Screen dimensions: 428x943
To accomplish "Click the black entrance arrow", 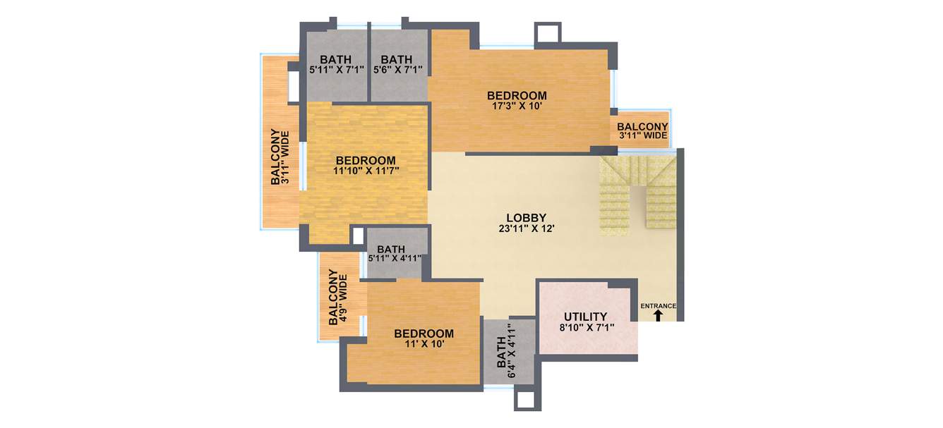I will tap(658, 317).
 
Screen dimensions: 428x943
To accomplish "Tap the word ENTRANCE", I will tap(658, 306).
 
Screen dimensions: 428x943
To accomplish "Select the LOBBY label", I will tap(527, 217).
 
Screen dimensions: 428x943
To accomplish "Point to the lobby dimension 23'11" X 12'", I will tap(527, 228).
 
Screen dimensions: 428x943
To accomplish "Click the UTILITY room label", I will tap(585, 317).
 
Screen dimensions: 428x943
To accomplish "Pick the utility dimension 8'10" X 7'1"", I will tap(585, 327).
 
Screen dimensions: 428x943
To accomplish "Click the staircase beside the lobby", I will tap(638, 196).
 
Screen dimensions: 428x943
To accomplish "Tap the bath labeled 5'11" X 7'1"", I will tap(336, 64).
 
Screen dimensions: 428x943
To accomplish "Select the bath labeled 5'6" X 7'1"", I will tap(397, 64).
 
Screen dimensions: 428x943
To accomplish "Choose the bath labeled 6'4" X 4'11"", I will tap(506, 353).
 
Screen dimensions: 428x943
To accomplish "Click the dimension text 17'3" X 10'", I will tap(517, 106).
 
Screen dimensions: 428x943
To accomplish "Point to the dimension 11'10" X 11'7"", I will tap(365, 171).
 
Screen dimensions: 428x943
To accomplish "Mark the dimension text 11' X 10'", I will tap(424, 344).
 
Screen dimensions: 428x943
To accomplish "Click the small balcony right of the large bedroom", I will tap(642, 130).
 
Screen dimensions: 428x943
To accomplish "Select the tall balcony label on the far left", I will tap(280, 157).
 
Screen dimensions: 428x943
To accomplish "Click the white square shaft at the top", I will tap(548, 33).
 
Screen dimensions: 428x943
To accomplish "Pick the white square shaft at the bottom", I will tap(526, 400).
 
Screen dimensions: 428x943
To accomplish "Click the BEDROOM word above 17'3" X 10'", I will tap(517, 96).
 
